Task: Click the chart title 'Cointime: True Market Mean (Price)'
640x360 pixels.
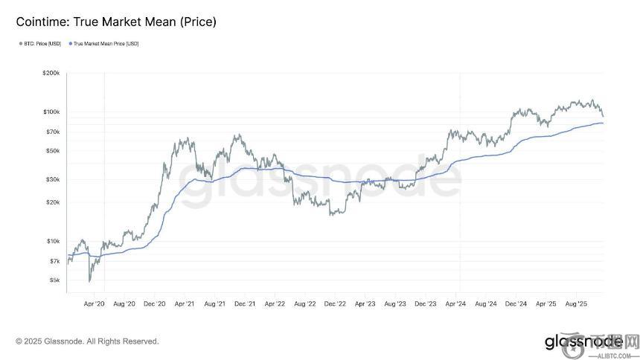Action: [x=116, y=22]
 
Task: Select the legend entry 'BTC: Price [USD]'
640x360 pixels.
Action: [x=42, y=44]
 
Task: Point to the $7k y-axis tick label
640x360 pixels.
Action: [x=55, y=261]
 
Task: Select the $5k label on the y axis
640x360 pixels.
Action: [x=55, y=280]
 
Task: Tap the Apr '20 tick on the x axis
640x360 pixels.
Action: [x=95, y=304]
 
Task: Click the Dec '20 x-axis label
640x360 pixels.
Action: [x=155, y=304]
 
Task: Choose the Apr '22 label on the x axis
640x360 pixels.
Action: [x=275, y=304]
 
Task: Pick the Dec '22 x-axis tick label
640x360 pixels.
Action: [x=336, y=304]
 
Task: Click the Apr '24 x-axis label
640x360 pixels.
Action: [x=456, y=304]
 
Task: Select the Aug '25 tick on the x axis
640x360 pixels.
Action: [x=577, y=304]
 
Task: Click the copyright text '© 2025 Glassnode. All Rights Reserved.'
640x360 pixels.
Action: [x=87, y=341]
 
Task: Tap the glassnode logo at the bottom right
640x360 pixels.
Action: [x=583, y=341]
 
